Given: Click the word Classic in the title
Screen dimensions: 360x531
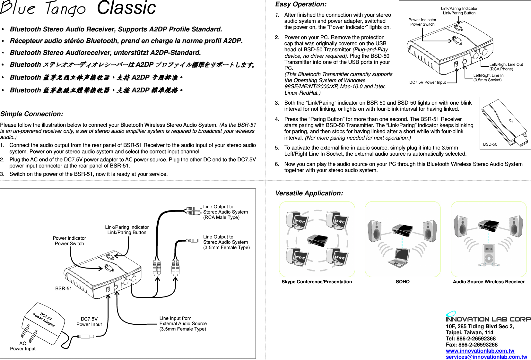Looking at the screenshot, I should coord(126,8).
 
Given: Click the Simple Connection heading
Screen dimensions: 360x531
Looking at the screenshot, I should coord(32,114).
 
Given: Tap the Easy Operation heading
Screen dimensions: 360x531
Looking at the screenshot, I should coord(301,4).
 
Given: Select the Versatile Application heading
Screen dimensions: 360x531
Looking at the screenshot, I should coord(309,193).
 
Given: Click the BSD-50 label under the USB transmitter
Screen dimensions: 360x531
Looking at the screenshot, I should coord(490,144).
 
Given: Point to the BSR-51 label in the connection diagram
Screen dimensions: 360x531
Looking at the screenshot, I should coord(64,288).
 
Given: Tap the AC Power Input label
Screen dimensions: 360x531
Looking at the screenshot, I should coord(23,346).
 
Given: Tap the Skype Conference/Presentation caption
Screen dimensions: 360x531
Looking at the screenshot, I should coord(317,282).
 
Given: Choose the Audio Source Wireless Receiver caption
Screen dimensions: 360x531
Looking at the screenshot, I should coord(488,282).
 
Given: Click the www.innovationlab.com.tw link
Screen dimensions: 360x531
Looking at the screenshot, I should coord(480,351).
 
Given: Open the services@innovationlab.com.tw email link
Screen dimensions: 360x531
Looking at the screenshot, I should coord(486,357).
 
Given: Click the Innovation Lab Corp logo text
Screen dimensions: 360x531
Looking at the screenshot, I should coord(488,319).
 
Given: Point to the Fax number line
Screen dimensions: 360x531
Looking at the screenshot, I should coord(471,345).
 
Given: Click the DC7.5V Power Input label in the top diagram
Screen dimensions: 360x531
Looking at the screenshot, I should coord(427,82).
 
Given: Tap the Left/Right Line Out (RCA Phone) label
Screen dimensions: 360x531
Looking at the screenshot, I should coord(506,67).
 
